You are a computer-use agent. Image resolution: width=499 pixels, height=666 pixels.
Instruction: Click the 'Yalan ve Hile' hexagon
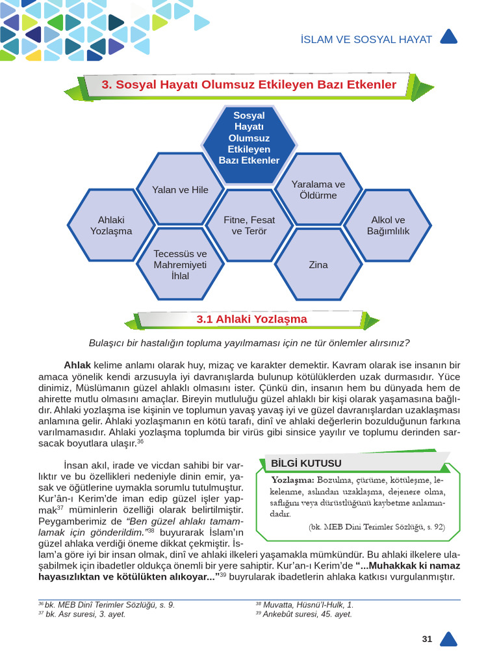(180, 189)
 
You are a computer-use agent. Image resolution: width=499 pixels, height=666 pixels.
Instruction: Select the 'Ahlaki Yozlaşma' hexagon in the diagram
(111, 226)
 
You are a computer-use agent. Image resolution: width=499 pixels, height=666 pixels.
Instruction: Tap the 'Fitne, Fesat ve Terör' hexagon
(249, 226)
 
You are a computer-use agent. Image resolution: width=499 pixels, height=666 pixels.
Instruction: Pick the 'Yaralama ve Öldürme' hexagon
(318, 189)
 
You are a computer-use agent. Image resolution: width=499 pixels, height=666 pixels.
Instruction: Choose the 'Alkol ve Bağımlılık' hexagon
(388, 226)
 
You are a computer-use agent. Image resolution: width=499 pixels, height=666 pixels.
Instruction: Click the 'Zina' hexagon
(318, 265)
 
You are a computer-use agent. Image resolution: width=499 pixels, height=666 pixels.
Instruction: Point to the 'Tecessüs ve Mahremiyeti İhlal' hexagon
(180, 265)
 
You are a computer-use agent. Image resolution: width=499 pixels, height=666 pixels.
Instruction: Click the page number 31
(427, 639)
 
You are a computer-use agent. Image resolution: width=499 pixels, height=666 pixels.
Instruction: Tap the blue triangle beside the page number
(448, 639)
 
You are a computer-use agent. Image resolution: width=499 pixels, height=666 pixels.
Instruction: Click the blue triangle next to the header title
(449, 38)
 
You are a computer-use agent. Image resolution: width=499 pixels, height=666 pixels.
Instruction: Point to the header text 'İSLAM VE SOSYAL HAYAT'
(366, 40)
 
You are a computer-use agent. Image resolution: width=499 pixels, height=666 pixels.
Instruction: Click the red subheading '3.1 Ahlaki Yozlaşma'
(251, 319)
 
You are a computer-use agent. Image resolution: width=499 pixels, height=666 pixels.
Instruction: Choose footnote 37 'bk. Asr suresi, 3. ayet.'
(85, 614)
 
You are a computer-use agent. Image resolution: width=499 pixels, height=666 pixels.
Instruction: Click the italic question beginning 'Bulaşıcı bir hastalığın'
(249, 343)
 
